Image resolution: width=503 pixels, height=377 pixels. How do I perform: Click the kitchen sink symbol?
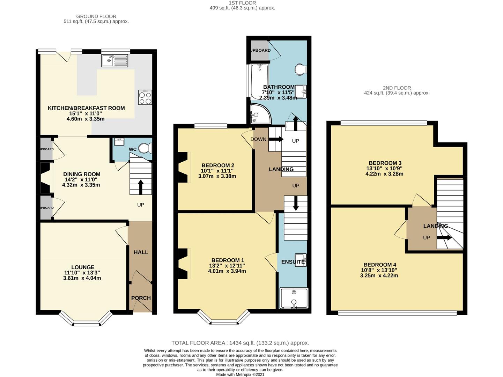pyautogui.click(x=115, y=60)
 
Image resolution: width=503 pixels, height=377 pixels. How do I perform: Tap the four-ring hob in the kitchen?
pyautogui.click(x=145, y=97)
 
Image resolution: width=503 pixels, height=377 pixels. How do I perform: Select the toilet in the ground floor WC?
pyautogui.click(x=145, y=149)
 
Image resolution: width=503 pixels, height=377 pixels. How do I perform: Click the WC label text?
pyautogui.click(x=133, y=149)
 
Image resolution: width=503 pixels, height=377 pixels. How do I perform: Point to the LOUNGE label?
pyautogui.click(x=83, y=267)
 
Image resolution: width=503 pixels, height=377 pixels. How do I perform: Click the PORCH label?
pyautogui.click(x=141, y=298)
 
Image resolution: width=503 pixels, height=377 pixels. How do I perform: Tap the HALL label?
pyautogui.click(x=141, y=252)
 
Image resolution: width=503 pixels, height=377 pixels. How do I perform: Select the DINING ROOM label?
pyautogui.click(x=82, y=174)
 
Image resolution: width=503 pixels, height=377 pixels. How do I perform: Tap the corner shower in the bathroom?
pyautogui.click(x=260, y=114)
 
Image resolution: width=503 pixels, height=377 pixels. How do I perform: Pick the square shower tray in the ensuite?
pyautogui.click(x=294, y=298)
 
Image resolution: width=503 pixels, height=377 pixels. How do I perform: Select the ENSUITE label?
pyautogui.click(x=293, y=262)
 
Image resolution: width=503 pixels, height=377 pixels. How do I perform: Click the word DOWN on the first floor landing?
pyautogui.click(x=258, y=139)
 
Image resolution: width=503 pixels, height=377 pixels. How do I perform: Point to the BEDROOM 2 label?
pyautogui.click(x=217, y=165)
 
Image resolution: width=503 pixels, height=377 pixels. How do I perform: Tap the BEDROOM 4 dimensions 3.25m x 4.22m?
pyautogui.click(x=379, y=275)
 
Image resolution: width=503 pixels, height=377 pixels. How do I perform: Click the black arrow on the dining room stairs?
pyautogui.click(x=141, y=186)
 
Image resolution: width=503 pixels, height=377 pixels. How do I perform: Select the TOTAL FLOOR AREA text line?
pyautogui.click(x=240, y=343)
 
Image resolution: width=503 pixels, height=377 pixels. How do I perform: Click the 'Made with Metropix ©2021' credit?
pyautogui.click(x=240, y=374)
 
